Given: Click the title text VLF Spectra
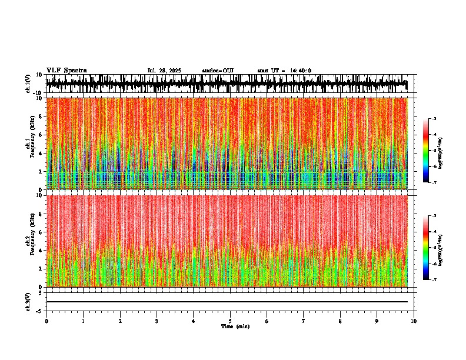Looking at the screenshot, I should coord(66,71).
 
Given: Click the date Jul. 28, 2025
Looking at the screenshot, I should coord(164,71).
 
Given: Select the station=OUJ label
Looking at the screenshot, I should coord(218,71).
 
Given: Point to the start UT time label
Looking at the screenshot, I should coord(284,71).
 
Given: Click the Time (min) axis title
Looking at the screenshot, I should coord(235,326).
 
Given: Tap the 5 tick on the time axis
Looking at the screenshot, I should coord(230,321).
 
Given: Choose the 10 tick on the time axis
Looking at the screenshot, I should coord(414,321).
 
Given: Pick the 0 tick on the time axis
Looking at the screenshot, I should coord(46,321).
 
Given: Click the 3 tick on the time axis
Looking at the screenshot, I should coord(157,321).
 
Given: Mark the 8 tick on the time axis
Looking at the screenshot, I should coord(340,321).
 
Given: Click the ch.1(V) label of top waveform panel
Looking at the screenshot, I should coord(28,84).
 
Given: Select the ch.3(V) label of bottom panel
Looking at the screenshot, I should coord(28,301).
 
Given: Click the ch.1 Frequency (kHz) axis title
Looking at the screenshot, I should coord(31,144).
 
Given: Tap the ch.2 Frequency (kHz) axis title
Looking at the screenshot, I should coord(31,241).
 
